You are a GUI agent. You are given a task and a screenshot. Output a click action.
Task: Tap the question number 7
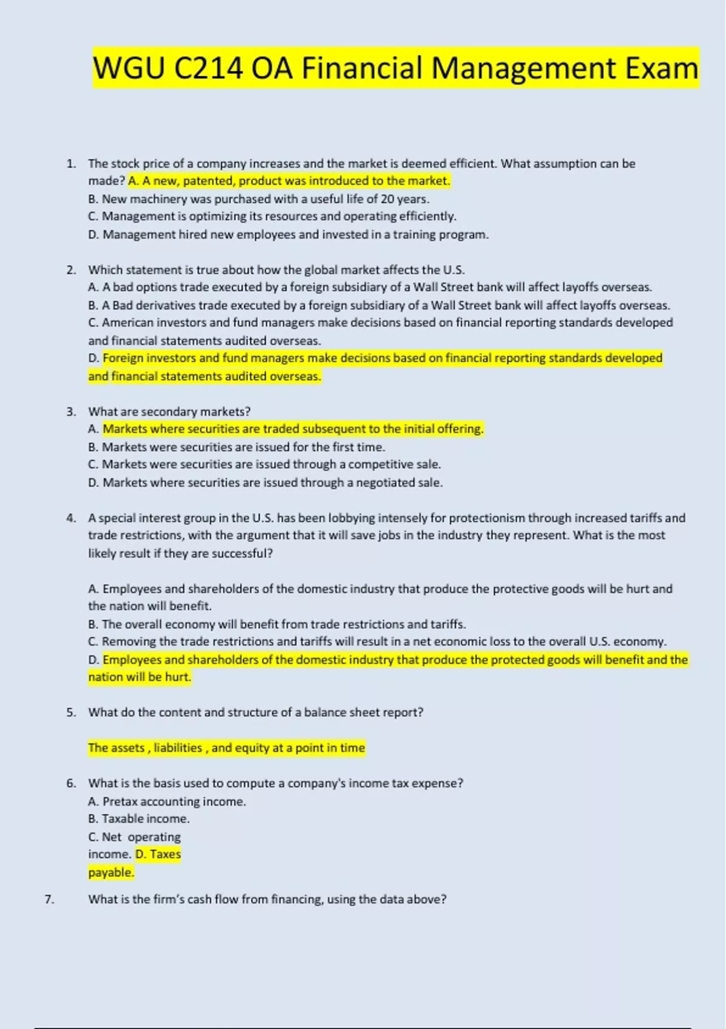click(49, 899)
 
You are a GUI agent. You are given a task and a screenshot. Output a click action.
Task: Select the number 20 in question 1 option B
click(387, 199)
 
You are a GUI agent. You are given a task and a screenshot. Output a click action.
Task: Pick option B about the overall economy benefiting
click(276, 624)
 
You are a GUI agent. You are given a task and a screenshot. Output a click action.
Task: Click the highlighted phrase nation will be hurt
click(139, 677)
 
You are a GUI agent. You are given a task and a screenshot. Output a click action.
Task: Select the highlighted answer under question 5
click(226, 748)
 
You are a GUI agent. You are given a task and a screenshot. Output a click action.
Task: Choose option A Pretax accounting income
click(167, 801)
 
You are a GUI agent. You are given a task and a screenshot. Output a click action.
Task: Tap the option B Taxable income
click(139, 818)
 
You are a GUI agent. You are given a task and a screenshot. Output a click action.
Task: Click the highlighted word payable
click(111, 872)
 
